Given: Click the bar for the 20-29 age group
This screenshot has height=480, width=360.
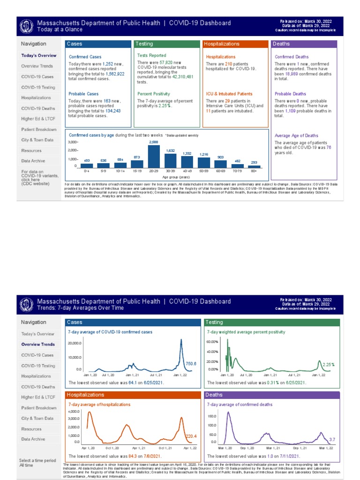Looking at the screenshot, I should [154, 156].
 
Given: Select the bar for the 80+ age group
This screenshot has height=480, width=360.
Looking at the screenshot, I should [254, 166].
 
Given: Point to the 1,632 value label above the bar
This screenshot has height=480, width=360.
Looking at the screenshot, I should [171, 150].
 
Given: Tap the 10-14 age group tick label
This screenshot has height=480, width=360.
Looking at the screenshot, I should [120, 172].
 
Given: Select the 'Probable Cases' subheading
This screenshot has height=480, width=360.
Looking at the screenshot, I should [83, 94].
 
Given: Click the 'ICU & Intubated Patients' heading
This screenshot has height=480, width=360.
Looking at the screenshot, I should [229, 94].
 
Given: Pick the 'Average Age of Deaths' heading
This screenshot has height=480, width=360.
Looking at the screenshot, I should [296, 135].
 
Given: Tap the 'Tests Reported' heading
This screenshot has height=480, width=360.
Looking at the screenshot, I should [151, 55].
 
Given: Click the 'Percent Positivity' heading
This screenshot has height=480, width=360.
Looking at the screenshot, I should [153, 94].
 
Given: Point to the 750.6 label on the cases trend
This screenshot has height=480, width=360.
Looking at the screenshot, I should [191, 364].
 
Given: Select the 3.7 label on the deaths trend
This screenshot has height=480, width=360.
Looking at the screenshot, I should [332, 439].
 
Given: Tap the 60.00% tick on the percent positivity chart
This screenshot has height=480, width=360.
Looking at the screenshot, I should [213, 342].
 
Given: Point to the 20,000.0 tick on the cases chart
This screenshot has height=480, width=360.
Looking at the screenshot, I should [75, 344].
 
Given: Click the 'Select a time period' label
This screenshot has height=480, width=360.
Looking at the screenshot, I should [37, 460].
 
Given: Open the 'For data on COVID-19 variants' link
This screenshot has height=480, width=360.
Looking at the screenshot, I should [35, 178].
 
